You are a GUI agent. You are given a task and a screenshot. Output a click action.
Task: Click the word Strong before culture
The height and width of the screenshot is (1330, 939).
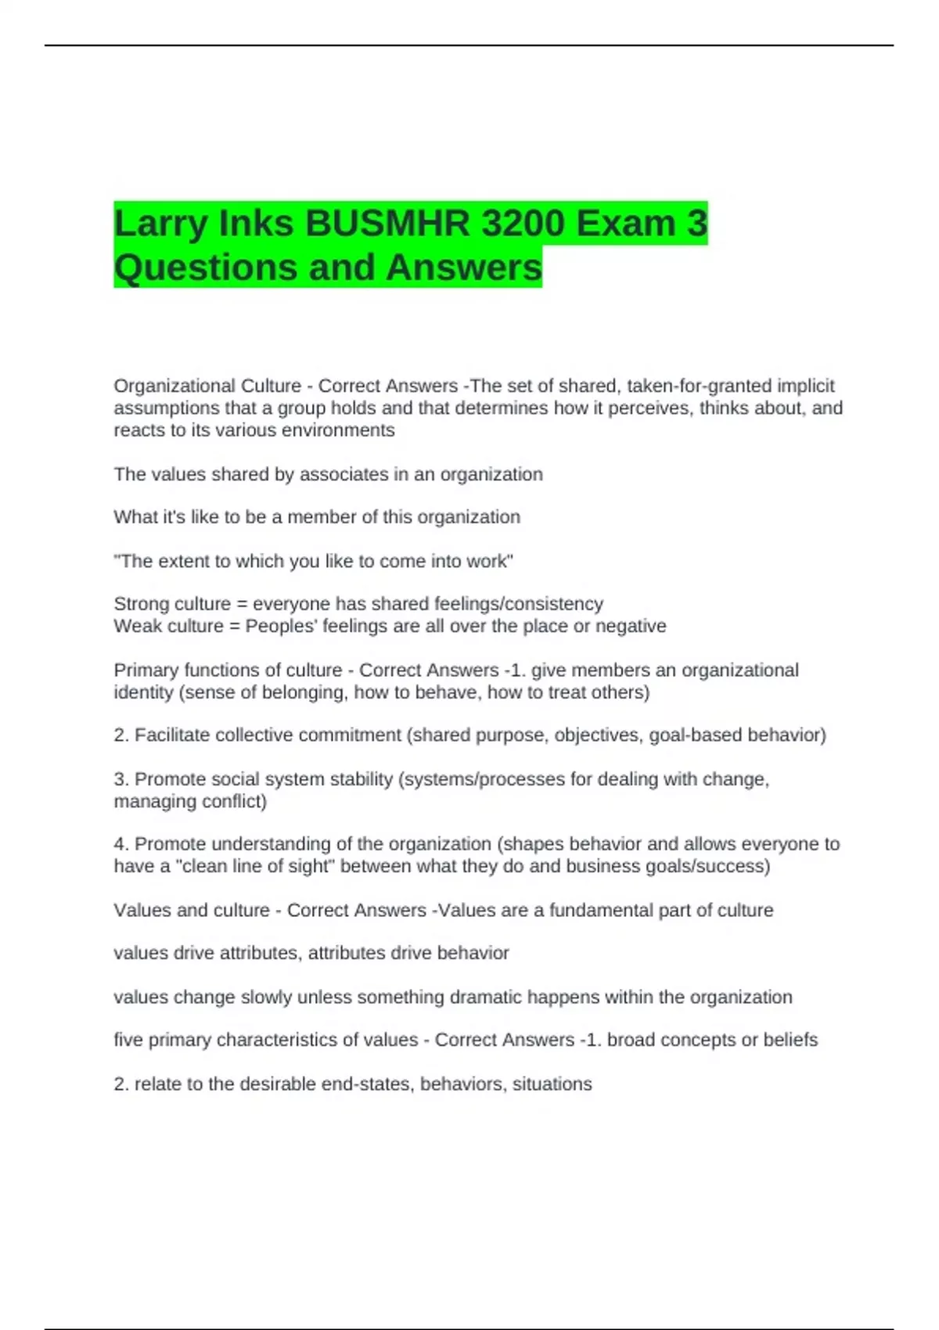coord(141,604)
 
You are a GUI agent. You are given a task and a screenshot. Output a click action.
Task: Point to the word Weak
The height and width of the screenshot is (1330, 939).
coord(135,626)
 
